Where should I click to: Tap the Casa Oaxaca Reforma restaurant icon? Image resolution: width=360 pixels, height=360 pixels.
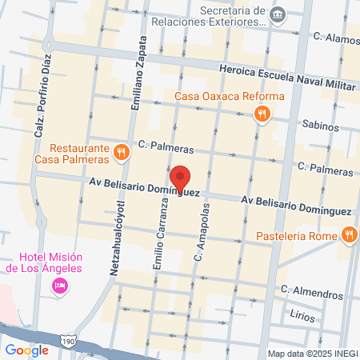[262, 114]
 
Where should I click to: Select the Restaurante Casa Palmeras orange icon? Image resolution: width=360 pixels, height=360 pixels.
[121, 151]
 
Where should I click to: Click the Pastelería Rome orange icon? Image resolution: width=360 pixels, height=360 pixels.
[348, 234]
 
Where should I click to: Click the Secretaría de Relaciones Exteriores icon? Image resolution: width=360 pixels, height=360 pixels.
[277, 14]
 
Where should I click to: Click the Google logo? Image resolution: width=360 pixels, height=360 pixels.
[26, 350]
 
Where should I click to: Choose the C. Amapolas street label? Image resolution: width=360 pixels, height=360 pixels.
[203, 232]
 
